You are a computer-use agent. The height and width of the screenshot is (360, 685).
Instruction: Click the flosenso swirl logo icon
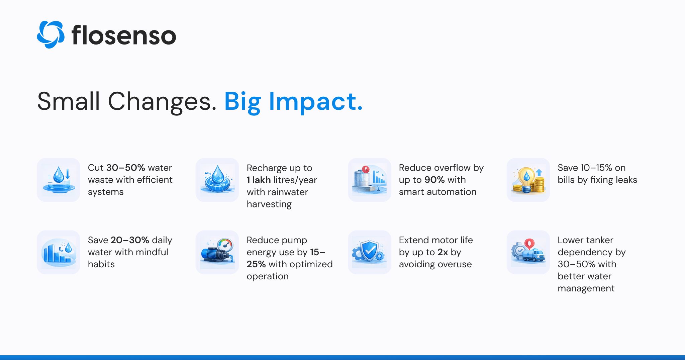pyautogui.click(x=51, y=34)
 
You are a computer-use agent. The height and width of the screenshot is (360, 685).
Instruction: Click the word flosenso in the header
pyautogui.click(x=124, y=35)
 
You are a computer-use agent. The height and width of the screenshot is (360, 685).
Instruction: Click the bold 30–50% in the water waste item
pyautogui.click(x=125, y=168)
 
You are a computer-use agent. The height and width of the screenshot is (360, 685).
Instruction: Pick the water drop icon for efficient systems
pyautogui.click(x=59, y=180)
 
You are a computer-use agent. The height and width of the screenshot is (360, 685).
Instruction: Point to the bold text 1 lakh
pyautogui.click(x=259, y=180)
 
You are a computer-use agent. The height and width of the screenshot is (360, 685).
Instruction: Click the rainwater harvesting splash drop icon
pyautogui.click(x=217, y=180)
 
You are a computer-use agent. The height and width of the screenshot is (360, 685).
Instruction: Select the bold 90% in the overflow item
pyautogui.click(x=434, y=180)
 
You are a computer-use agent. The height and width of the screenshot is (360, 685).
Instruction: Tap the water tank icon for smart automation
pyautogui.click(x=370, y=180)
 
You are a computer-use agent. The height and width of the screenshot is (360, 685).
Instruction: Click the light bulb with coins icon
pyautogui.click(x=528, y=180)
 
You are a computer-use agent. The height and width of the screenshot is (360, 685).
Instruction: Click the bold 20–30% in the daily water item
pyautogui.click(x=130, y=240)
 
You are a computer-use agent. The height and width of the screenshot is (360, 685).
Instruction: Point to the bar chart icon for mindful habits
pyautogui.click(x=59, y=252)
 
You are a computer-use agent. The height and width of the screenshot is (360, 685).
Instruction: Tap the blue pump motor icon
pyautogui.click(x=217, y=252)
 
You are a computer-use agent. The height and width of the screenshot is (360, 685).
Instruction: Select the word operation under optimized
pyautogui.click(x=268, y=277)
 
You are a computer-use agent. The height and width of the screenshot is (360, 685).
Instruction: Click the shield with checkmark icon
pyautogui.click(x=370, y=252)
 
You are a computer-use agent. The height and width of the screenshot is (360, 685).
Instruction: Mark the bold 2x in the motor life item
pyautogui.click(x=443, y=252)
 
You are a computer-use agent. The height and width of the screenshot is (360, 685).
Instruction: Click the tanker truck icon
pyautogui.click(x=528, y=252)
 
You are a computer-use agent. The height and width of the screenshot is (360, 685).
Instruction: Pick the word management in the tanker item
pyautogui.click(x=586, y=288)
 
